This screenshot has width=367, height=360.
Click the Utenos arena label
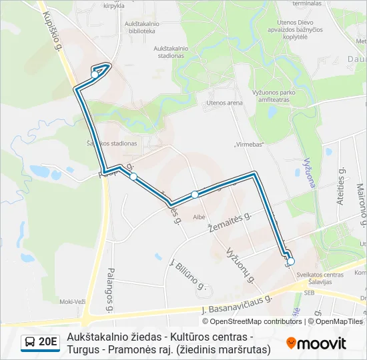tap(224, 103)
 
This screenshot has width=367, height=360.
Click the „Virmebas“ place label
tap(250, 144)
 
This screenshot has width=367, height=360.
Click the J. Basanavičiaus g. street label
tap(238, 305)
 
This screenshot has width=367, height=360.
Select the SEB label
tap(309, 292)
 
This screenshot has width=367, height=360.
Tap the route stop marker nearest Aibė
tap(195, 195)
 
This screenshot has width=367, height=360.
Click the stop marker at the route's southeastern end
tap(290, 261)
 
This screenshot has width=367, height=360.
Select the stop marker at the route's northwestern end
tap(95, 74)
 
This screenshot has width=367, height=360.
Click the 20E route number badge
tap(40, 343)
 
